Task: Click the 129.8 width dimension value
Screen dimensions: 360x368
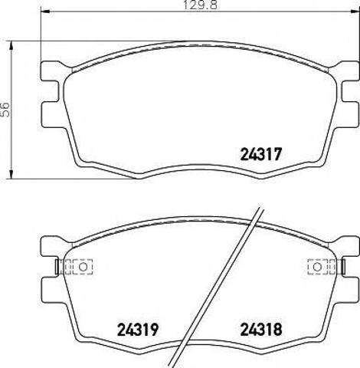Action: (x=201, y=5)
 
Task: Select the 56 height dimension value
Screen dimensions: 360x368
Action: (x=5, y=110)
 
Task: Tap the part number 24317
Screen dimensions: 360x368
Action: (x=261, y=154)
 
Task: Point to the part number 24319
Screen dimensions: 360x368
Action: (x=138, y=330)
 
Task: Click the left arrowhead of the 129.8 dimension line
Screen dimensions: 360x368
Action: (x=45, y=11)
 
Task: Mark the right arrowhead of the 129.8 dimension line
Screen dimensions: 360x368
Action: (x=355, y=11)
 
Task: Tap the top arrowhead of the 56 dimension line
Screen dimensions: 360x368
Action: (x=11, y=45)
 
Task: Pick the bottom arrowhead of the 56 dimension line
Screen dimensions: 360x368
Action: (x=11, y=174)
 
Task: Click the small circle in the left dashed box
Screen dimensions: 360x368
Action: (x=83, y=267)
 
